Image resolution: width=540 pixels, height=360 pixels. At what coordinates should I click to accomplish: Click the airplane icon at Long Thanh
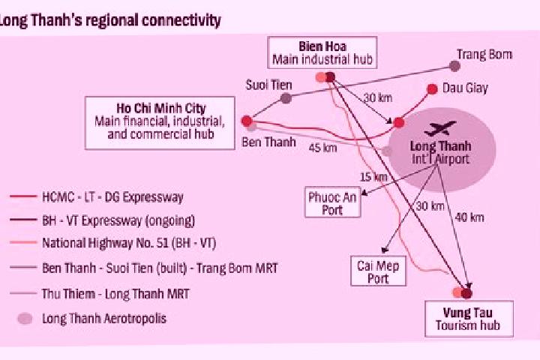440,128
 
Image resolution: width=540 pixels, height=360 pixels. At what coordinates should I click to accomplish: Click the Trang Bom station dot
455,66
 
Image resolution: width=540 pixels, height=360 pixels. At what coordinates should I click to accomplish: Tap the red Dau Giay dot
432,89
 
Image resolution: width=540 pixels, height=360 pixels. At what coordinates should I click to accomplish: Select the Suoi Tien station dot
286,98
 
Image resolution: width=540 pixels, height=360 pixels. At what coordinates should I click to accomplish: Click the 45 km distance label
322,148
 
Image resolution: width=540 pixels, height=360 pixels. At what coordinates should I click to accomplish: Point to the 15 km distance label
374,177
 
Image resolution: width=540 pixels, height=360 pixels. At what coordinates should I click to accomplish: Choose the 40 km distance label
469,217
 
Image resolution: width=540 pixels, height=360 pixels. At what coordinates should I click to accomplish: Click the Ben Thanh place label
268,142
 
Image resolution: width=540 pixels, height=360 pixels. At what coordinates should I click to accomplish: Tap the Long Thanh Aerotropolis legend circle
25,319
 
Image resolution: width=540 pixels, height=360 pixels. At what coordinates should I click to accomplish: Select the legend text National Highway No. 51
106,243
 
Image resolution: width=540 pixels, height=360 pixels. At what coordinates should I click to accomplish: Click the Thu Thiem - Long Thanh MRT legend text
115,294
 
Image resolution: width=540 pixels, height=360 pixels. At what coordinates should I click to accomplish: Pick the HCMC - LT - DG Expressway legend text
112,197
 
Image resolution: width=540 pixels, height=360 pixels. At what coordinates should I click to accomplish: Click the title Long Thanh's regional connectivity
109,20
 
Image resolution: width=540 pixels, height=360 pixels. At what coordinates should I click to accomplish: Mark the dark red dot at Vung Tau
466,293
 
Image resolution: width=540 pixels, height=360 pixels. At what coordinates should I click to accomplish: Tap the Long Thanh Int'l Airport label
440,152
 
